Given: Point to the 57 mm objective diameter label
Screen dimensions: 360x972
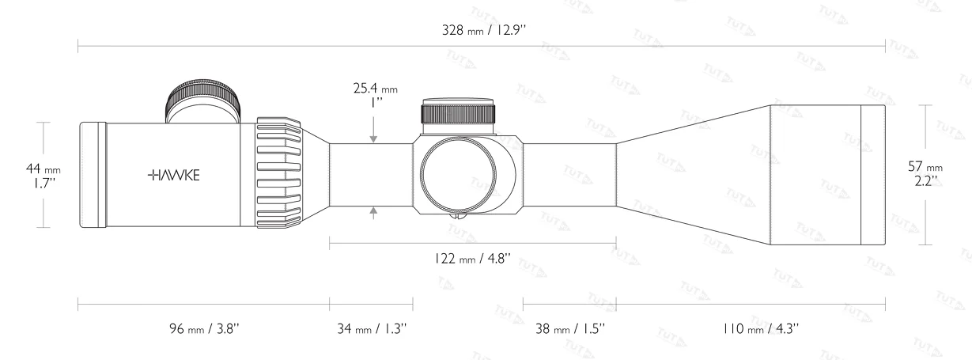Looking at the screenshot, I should coord(925,173).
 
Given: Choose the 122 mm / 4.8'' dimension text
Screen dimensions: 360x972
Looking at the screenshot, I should coord(472,258).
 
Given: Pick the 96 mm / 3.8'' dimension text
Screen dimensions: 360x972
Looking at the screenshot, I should coord(203,328).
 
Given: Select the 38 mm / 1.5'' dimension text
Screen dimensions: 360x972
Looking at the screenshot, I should coord(569,328).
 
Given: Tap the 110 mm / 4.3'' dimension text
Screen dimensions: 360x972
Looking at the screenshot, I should coord(750,328).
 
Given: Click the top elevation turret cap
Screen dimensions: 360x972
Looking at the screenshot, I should coord(459,113).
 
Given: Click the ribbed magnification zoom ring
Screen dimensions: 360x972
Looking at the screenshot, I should coord(278,175).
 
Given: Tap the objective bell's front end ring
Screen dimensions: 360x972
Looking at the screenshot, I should coord(872,174).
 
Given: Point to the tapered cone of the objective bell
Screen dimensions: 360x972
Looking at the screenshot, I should coord(693,174).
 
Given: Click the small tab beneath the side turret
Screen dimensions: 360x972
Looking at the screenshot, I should coord(457,214).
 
